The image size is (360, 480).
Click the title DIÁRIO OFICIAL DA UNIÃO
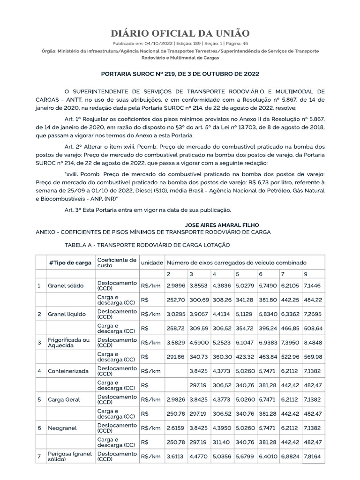[180, 33]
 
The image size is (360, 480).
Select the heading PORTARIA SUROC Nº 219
[180, 74]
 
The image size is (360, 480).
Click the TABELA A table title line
[147, 245]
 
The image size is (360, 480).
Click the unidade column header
[152, 262]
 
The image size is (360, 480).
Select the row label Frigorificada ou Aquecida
[68, 342]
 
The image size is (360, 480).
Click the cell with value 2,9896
[175, 285]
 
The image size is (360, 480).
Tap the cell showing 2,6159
[175, 428]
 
